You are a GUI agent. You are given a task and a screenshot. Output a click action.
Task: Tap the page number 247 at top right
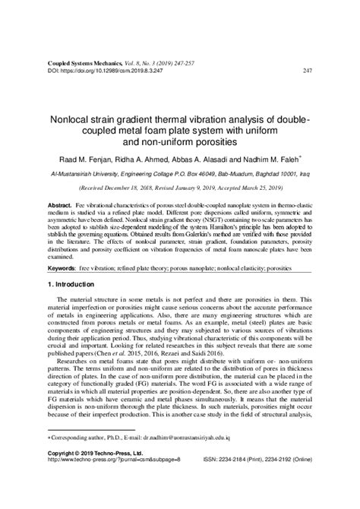coord(308,70)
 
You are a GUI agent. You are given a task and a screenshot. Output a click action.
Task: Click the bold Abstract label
coord(60,205)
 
